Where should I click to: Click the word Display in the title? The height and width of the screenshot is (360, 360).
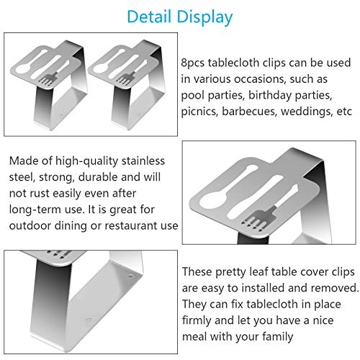[x=207, y=16]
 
